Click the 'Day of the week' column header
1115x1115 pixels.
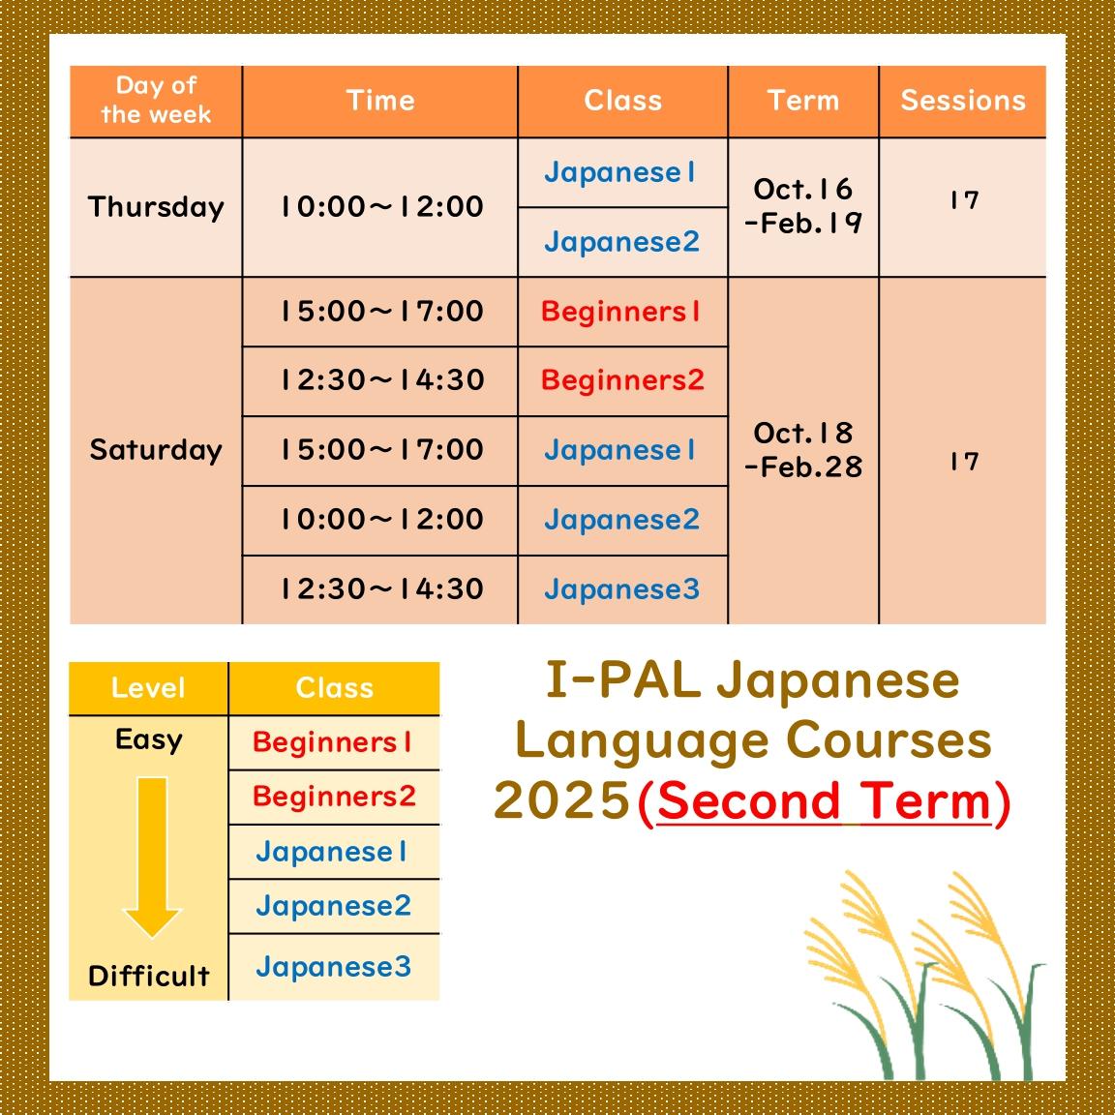point(156,101)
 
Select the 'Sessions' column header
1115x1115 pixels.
point(963,101)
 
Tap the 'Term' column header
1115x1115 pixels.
point(802,101)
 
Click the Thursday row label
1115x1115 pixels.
point(156,207)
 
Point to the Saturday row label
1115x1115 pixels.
point(156,450)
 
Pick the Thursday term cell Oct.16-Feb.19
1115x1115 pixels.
point(802,206)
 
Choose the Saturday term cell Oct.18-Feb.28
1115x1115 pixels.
point(802,449)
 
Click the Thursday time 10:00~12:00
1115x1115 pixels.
point(382,207)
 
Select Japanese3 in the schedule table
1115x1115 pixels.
point(622,589)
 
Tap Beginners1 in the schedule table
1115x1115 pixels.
point(620,312)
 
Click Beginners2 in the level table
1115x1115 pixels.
point(334,797)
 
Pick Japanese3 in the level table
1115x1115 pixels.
point(334,967)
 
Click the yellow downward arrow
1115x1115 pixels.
point(151,858)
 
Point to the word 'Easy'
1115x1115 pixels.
point(149,740)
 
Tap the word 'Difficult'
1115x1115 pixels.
point(149,976)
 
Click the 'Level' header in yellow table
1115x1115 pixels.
point(148,687)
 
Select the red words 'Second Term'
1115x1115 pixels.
point(824,802)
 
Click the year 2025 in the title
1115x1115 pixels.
point(561,800)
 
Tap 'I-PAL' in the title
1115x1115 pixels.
point(623,679)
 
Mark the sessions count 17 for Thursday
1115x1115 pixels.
point(964,200)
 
